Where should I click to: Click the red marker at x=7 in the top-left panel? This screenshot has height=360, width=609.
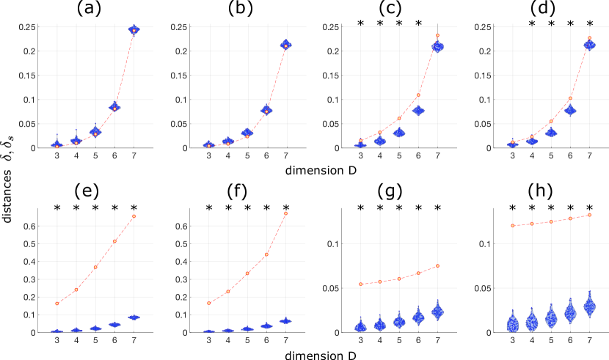[134, 30]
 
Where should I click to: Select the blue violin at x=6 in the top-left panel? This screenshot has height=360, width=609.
[114, 107]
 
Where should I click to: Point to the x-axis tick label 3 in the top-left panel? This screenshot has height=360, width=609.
[57, 156]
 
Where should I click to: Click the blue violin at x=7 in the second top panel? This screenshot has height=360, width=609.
[285, 45]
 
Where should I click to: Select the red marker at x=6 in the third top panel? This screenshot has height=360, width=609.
[418, 95]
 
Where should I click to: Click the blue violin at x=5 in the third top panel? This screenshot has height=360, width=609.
[399, 133]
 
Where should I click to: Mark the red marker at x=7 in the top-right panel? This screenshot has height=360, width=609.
[589, 38]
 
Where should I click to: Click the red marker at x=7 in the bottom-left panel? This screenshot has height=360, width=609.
[134, 216]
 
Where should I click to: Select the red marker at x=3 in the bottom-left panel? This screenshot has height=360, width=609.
[57, 304]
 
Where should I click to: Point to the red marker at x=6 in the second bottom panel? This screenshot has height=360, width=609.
[266, 254]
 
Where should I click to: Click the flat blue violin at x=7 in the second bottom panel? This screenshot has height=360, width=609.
[285, 321]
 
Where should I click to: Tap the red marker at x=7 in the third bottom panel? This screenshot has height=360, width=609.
[437, 265]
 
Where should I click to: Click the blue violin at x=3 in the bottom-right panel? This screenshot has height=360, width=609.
[512, 323]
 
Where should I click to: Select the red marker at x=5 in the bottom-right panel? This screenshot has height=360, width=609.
[551, 221]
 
